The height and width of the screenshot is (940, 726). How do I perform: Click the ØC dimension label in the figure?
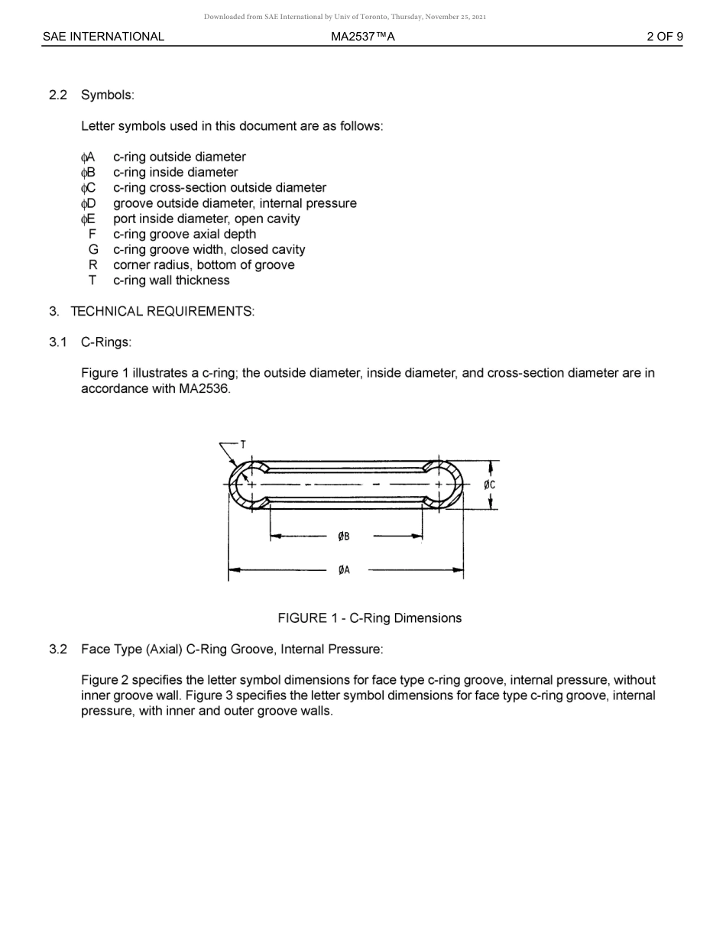pos(490,485)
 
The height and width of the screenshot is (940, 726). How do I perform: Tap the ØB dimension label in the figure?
pos(344,536)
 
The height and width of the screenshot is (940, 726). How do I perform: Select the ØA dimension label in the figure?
pos(344,570)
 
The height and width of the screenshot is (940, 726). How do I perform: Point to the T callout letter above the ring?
pos(243,444)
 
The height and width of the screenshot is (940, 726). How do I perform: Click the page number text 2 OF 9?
pos(664,37)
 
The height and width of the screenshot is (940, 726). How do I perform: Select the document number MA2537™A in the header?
pos(363,37)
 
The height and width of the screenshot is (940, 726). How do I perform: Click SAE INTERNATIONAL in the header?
pos(103,37)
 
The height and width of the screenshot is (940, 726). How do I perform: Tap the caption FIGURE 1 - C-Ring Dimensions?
pos(369,618)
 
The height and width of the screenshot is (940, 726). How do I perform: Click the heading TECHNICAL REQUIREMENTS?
pos(162,312)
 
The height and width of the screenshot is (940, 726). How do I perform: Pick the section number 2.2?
pos(58,96)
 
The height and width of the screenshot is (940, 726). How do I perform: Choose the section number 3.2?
pos(58,650)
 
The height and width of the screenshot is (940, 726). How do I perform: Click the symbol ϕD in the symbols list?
pos(88,203)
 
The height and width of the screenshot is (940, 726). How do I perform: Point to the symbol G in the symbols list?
pos(93,250)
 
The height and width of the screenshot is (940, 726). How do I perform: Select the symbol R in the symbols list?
pos(93,265)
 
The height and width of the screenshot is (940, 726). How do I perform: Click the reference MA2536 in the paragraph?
pos(204,389)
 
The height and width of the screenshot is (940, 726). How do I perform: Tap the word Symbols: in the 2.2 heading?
pos(108,96)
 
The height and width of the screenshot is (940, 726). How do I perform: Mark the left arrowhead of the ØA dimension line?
pos(234,570)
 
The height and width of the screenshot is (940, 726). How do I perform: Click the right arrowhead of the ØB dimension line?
pos(418,536)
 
